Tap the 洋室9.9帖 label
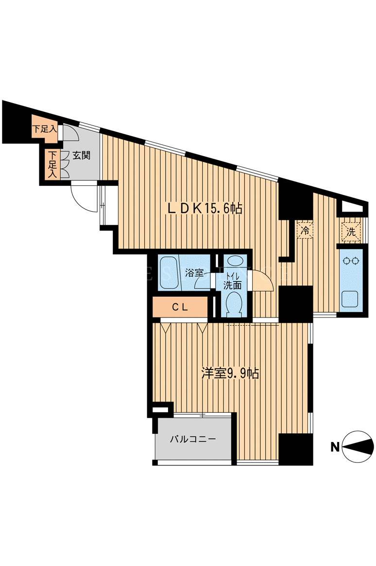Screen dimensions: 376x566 tap(230, 373)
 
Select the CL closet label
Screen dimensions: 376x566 tap(180, 307)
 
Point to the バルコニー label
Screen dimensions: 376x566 tap(193, 439)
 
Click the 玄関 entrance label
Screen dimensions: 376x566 tap(82, 156)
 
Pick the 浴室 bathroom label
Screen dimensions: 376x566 tap(194, 272)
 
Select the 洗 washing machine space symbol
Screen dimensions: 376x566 tap(350, 232)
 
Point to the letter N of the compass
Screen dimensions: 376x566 tap(335, 447)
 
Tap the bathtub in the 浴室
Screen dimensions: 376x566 tap(170, 272)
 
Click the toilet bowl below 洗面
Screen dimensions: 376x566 tap(234, 304)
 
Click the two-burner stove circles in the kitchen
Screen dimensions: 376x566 tap(351, 260)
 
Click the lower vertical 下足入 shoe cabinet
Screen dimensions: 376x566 tap(52, 164)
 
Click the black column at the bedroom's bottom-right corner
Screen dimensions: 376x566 tap(296, 449)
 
